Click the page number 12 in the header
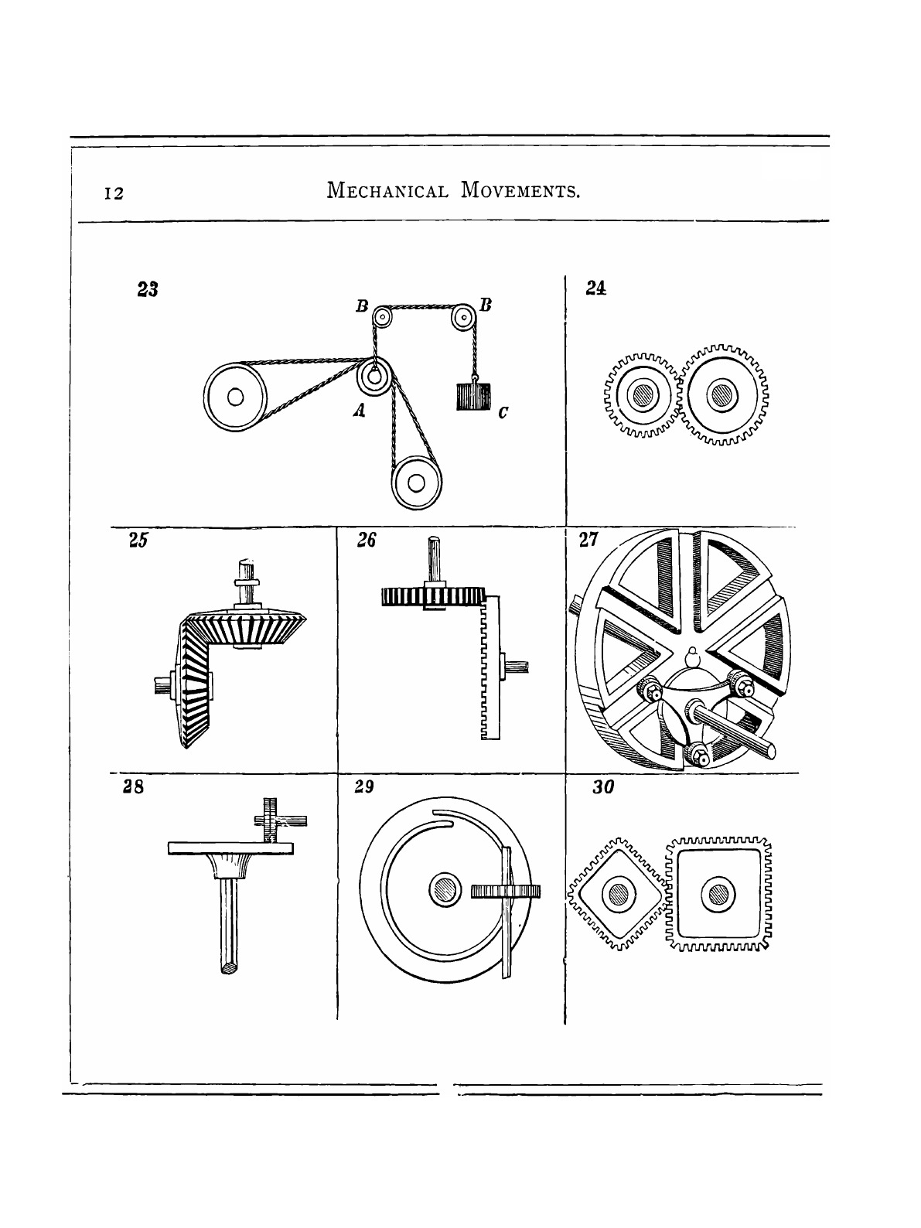[114, 193]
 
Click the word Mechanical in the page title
[387, 189]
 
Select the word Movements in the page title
[520, 189]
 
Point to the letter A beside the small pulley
[358, 413]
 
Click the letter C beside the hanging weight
[503, 414]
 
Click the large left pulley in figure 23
[235, 399]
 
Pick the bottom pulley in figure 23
[415, 483]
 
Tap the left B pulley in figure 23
[381, 316]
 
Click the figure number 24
[595, 288]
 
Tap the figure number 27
[588, 541]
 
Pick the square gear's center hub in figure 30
[717, 893]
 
